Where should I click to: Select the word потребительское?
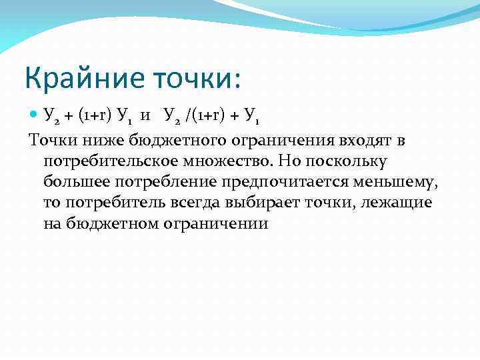107,161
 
